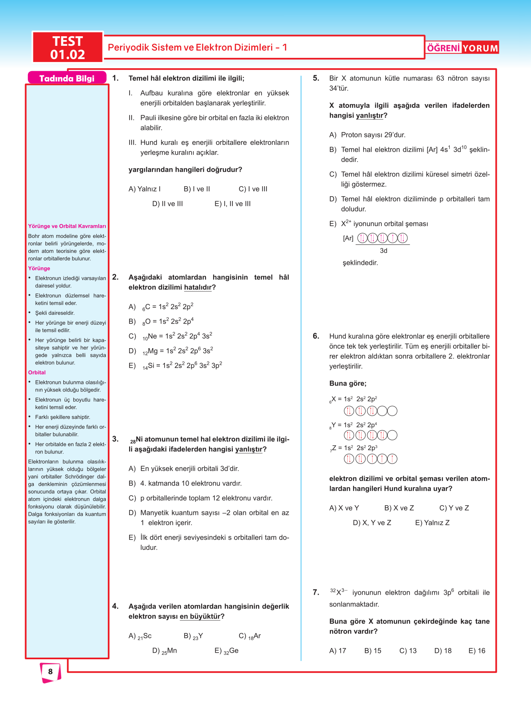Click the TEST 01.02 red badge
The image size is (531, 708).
coord(67,47)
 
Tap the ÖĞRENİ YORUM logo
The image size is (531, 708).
coord(462,48)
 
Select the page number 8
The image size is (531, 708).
coord(50,671)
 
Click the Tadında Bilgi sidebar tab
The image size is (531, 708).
coord(67,78)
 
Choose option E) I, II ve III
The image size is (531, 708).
coord(232,204)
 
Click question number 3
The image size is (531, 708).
coord(115,439)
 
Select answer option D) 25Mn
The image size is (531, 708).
coord(165,651)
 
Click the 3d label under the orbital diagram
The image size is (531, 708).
coord(384,251)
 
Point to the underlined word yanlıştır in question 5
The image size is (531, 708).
coord(369,115)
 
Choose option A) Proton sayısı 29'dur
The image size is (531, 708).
coord(367,135)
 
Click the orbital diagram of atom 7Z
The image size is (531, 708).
coord(370,459)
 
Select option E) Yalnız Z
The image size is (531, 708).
coord(432,523)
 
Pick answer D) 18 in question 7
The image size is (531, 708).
coord(443,651)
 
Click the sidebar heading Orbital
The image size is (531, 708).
coord(37,372)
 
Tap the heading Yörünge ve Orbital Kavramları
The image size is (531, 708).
coord(67,226)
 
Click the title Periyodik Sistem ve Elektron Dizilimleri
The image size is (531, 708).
coord(197,47)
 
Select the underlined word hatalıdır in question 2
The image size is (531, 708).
coord(198,287)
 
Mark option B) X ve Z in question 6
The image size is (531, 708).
coord(399,508)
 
